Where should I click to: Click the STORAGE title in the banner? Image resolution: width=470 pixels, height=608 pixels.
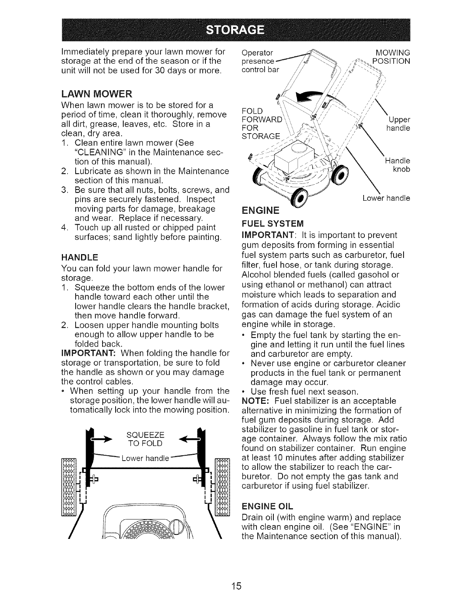[x=235, y=30]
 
